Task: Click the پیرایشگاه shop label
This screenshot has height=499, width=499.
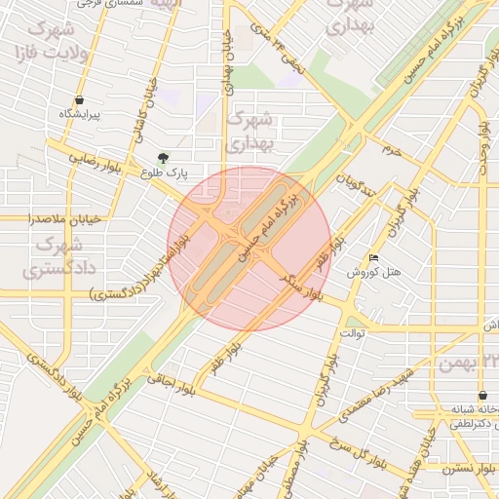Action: pos(80,115)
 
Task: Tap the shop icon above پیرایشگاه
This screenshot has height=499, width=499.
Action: pos(79,100)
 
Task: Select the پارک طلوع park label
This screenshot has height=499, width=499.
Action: pos(163,173)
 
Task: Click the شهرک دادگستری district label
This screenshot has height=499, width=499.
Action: pos(57,252)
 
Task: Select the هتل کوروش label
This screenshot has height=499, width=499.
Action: pos(375,272)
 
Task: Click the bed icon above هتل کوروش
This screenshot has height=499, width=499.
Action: pos(374,258)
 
